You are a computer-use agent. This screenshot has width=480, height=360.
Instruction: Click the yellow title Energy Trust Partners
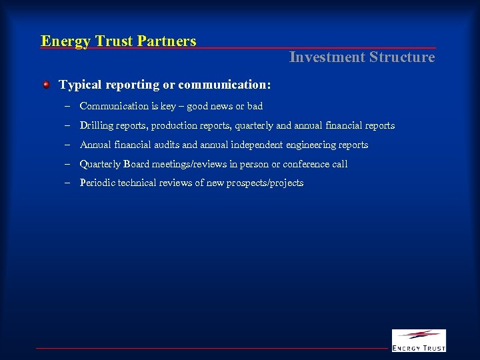coord(119,41)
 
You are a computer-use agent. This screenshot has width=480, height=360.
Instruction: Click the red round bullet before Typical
coord(46,85)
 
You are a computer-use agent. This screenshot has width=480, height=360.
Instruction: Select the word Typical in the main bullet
coord(81,85)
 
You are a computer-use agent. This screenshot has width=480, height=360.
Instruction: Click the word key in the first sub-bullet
coord(168,106)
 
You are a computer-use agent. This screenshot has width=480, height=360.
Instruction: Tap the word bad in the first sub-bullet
coord(255,106)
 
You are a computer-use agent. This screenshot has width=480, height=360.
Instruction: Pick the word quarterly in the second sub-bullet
coord(249,125)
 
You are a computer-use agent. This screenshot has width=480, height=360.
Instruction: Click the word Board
coord(136,164)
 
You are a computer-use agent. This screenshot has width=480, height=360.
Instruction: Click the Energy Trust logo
coord(418,340)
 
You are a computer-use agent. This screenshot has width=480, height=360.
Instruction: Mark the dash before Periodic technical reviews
coord(67,183)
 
